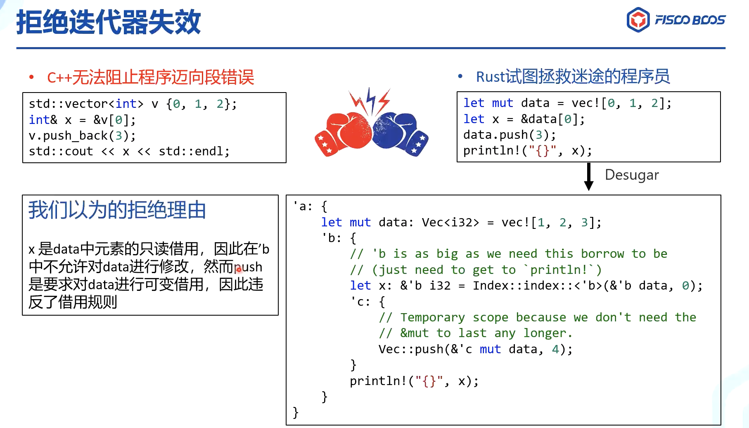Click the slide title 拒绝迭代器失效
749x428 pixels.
click(109, 22)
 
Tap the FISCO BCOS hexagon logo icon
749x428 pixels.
click(638, 20)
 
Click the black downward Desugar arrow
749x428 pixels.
click(589, 177)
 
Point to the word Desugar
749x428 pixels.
click(632, 175)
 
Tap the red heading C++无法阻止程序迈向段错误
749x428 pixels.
click(151, 77)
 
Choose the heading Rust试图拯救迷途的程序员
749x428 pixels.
click(573, 76)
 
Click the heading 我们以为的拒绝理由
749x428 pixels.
click(117, 210)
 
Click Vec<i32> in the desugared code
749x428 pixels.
click(450, 223)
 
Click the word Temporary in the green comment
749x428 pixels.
click(433, 318)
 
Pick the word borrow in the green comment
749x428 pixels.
click(602, 254)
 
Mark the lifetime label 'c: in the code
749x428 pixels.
click(360, 302)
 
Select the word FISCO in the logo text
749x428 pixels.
click(672, 20)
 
